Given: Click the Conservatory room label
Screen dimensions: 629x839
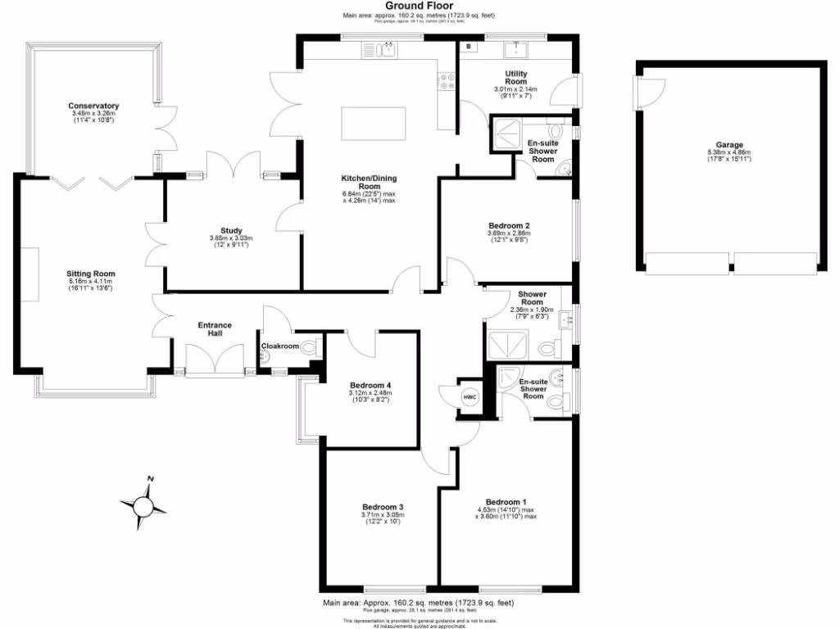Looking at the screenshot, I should click(93, 106).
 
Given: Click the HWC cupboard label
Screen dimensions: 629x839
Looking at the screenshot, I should click(469, 397).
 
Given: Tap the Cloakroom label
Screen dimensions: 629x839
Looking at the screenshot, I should click(280, 346).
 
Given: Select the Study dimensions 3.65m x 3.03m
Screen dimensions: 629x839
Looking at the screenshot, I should click(231, 238).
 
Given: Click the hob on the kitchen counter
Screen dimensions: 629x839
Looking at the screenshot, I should click(447, 81).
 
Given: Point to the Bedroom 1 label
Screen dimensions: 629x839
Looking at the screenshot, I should click(506, 501).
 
